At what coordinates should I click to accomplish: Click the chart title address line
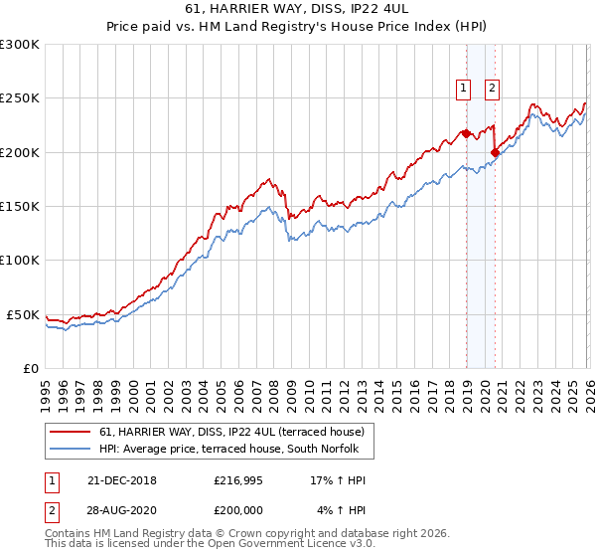[298, 9]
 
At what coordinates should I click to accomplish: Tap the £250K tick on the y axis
[20, 98]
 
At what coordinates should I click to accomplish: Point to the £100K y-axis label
[20, 260]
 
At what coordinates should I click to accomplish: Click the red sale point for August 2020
[495, 152]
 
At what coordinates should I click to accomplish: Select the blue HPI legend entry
[235, 450]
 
